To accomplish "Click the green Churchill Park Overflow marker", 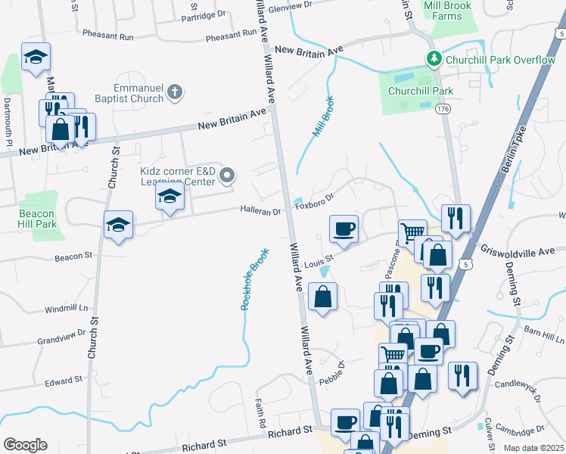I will click(434, 58).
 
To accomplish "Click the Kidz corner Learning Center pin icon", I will click(227, 177).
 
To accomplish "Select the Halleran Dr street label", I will click(261, 210).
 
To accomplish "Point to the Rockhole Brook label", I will click(253, 280).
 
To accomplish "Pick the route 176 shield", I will click(443, 110).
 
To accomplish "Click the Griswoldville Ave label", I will click(523, 250).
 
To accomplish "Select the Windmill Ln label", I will click(66, 309).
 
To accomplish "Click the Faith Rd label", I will click(261, 409).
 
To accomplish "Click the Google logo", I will click(25, 445).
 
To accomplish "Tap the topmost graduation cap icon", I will click(35, 58).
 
